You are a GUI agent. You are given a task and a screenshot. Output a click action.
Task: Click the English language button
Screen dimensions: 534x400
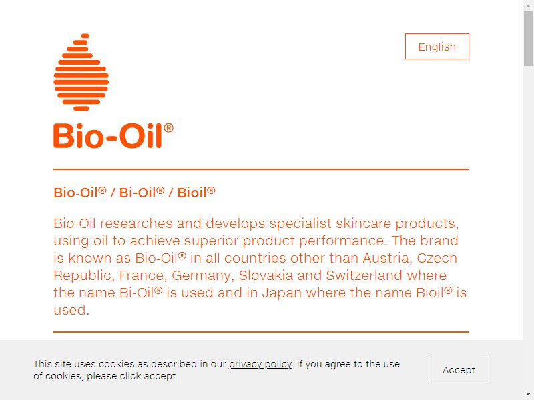tap(437, 46)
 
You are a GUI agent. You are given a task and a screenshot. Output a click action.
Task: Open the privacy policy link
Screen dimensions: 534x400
tap(260, 364)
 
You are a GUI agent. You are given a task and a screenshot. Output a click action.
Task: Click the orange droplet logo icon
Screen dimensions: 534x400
tap(81, 72)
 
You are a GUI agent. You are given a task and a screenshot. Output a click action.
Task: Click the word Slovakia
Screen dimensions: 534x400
tap(266, 275)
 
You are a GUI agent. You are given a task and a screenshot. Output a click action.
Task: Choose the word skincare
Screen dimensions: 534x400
tap(363, 223)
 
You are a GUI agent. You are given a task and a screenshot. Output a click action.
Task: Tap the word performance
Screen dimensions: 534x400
tap(343, 241)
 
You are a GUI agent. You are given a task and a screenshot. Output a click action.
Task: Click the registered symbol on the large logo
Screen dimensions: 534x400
tap(169, 128)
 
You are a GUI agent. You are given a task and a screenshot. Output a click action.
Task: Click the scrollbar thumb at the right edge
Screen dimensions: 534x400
tap(528, 38)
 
